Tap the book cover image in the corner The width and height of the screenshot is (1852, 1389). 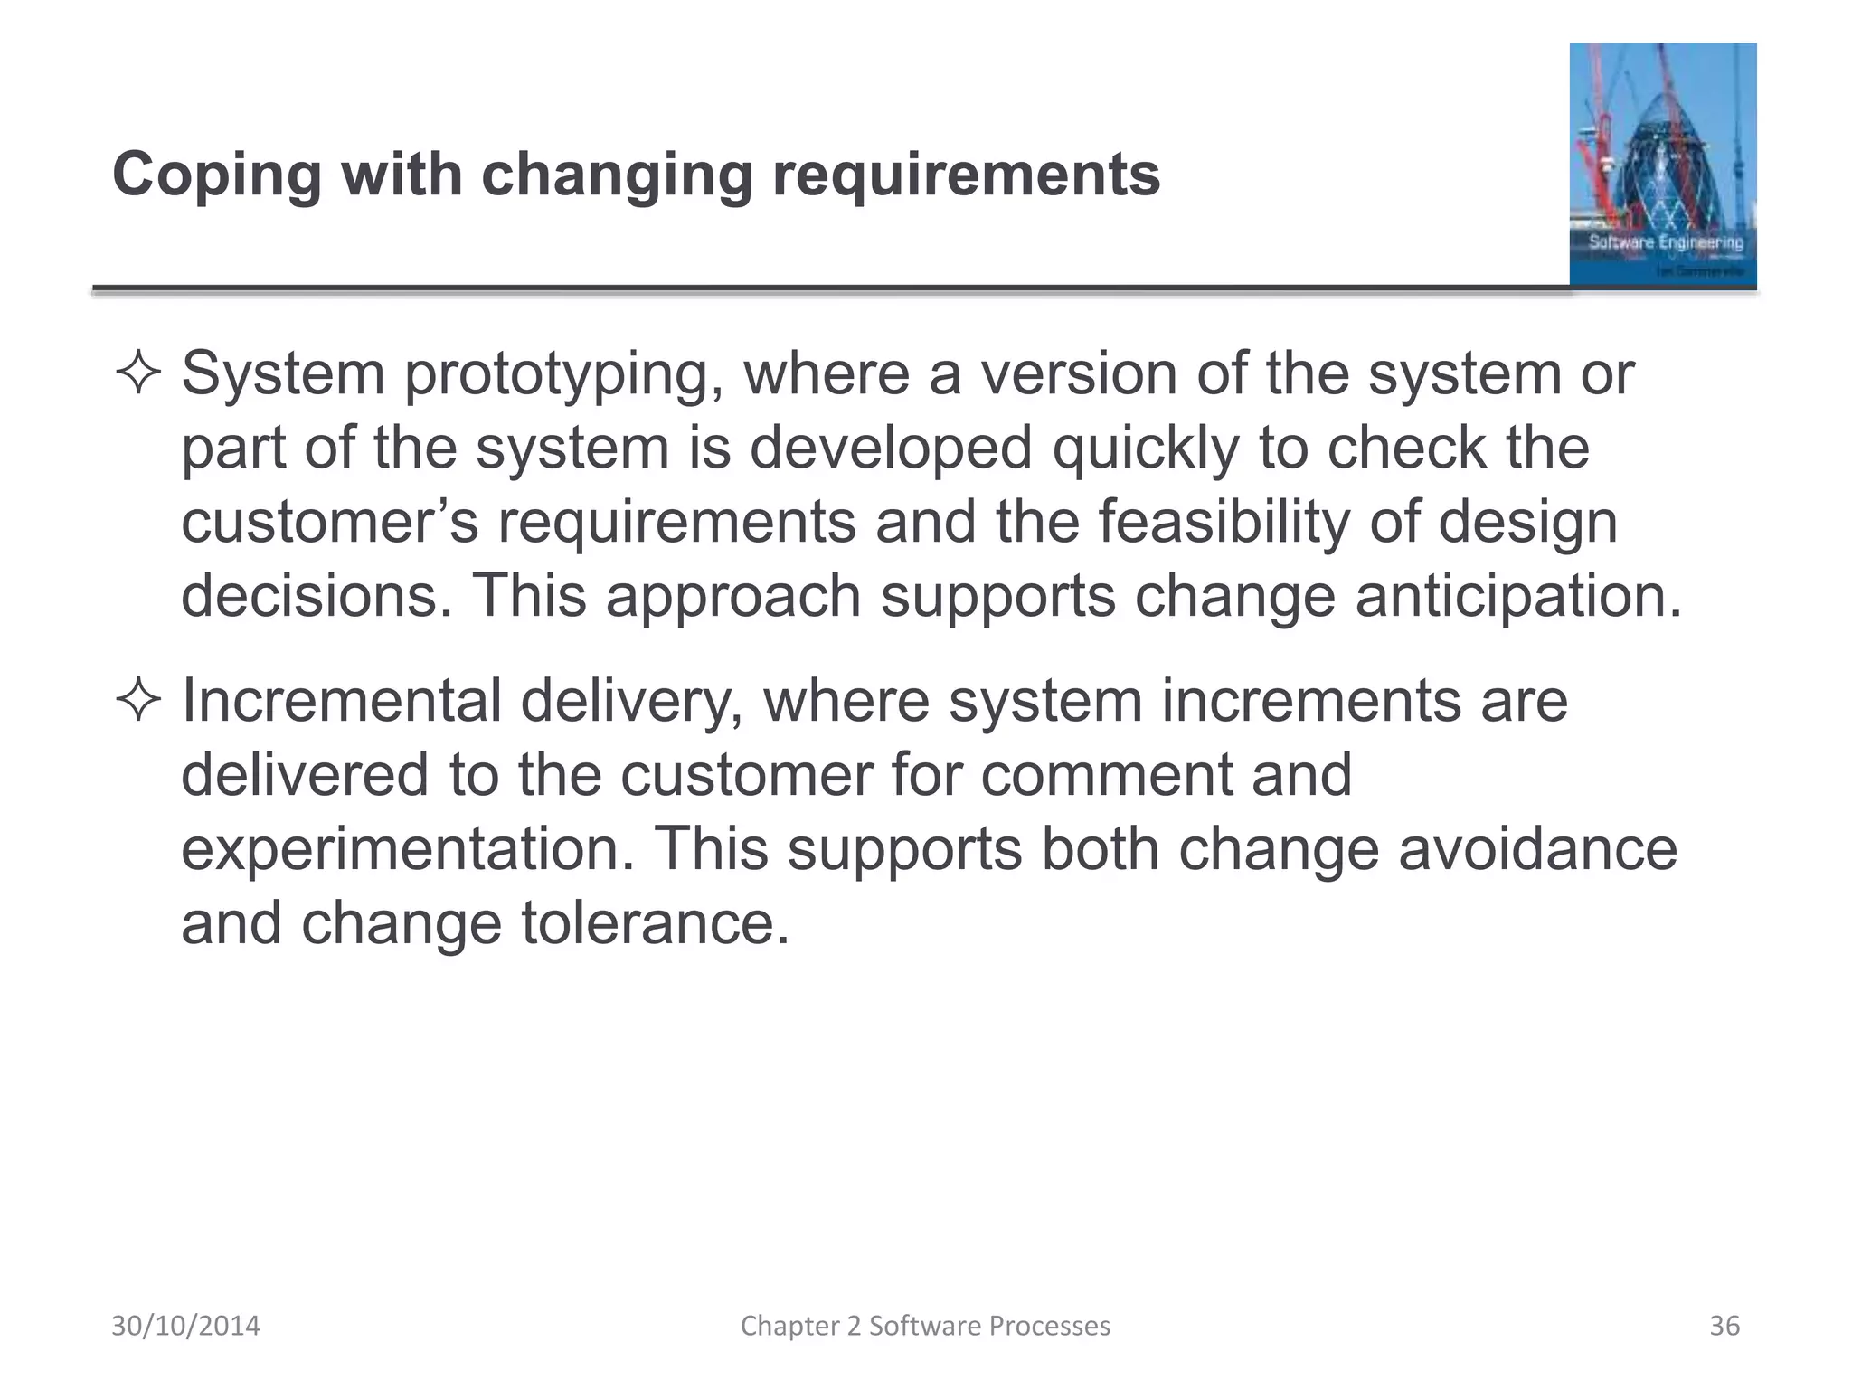coord(1662,165)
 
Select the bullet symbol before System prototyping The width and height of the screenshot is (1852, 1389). coord(138,373)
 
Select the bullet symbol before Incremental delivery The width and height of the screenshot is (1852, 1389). coord(138,701)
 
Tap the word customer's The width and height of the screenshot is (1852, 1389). coord(329,523)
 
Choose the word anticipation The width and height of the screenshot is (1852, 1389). coord(1518,597)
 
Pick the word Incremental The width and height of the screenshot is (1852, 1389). coord(341,701)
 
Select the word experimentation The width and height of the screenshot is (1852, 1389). coord(408,850)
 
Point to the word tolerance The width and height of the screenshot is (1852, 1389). coord(655,923)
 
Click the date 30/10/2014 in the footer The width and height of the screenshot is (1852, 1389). coord(185,1326)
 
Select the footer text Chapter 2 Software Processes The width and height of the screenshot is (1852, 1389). coord(925,1326)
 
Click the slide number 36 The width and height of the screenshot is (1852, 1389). coord(1724,1326)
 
